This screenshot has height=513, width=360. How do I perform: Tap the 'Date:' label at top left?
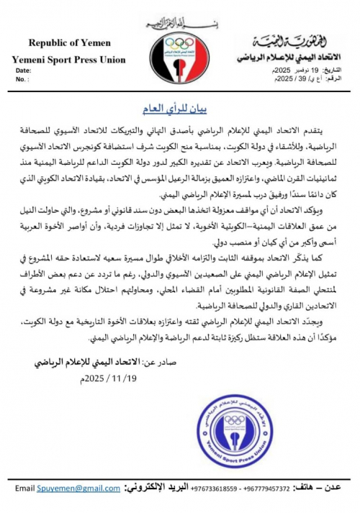(x=23, y=71)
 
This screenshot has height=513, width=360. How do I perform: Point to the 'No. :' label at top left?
(x=22, y=80)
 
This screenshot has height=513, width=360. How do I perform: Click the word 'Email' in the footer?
(x=24, y=489)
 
